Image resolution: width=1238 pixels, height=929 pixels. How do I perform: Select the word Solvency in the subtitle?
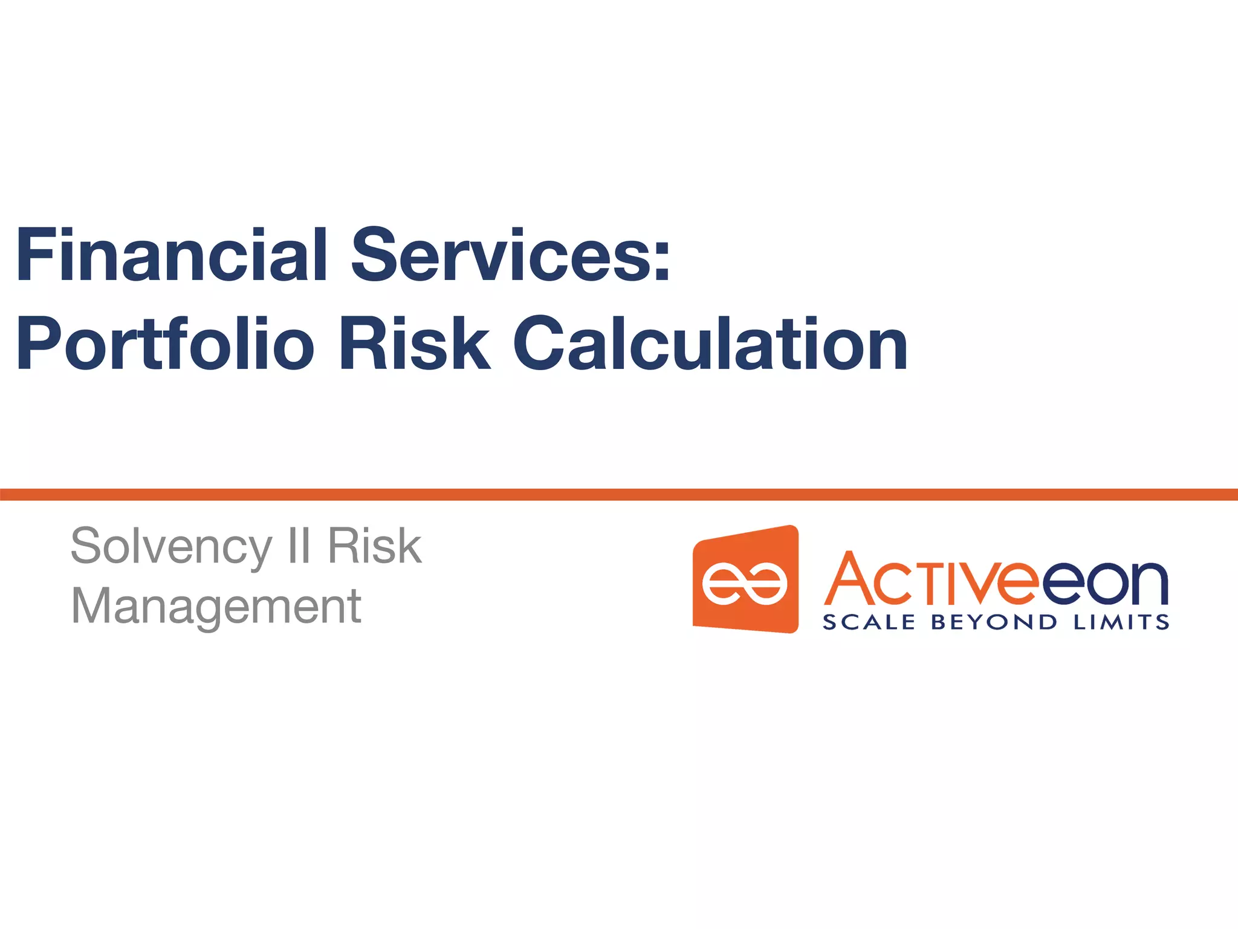[x=171, y=546]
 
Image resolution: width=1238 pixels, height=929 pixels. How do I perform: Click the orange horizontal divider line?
[x=619, y=495]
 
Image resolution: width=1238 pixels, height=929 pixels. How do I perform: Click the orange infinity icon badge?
[x=745, y=579]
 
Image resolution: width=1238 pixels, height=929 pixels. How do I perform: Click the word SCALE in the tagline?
[x=869, y=622]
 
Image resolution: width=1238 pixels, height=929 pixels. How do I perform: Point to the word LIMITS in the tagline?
[x=1121, y=622]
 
